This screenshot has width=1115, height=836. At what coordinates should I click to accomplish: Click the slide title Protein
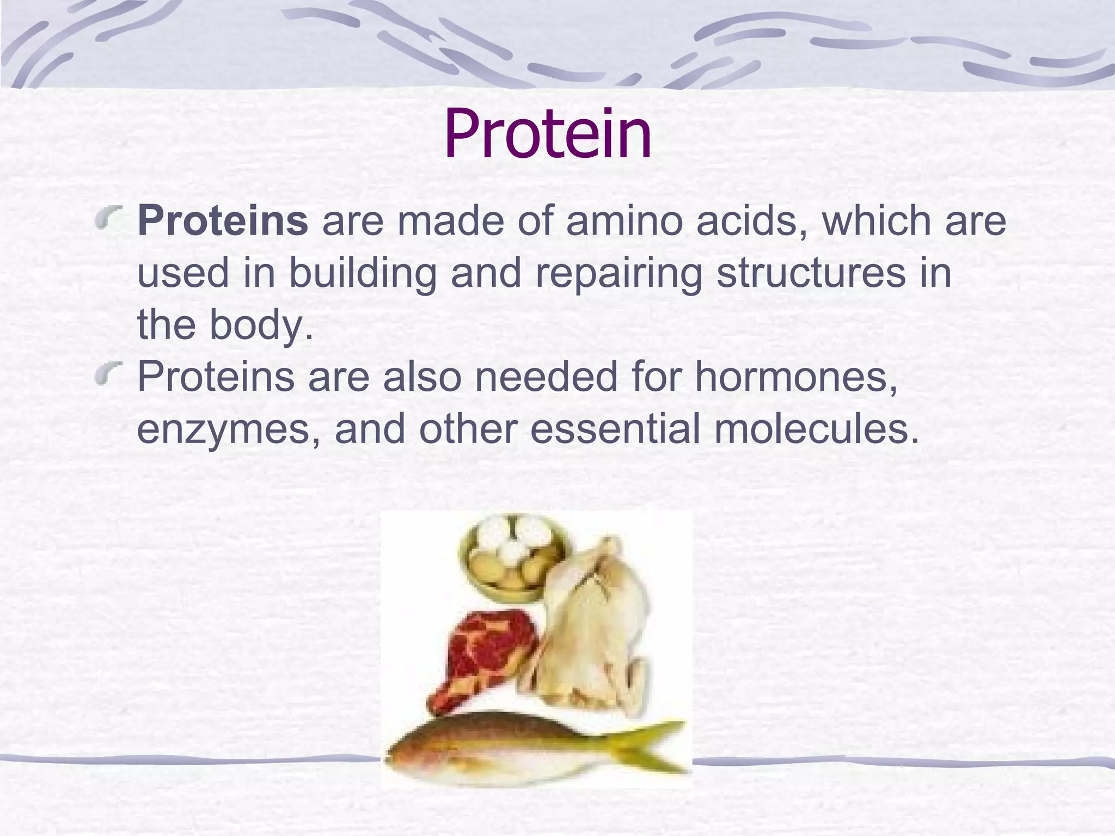(x=548, y=134)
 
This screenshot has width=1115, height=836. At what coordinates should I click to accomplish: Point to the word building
(x=362, y=274)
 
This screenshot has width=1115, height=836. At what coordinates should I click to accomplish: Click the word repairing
(x=618, y=274)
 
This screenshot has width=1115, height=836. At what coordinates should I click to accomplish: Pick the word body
(x=261, y=325)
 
